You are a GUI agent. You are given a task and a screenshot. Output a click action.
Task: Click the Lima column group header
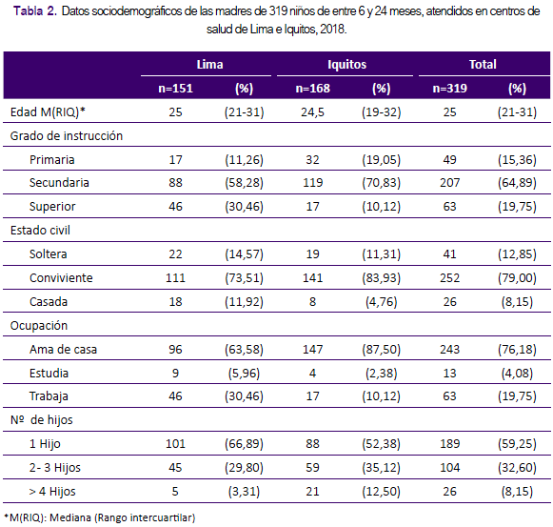(209, 64)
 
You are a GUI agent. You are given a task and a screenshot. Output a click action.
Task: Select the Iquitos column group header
(347, 64)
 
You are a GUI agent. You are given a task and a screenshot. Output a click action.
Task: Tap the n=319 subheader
(449, 88)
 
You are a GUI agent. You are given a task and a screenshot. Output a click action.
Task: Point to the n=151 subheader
(176, 88)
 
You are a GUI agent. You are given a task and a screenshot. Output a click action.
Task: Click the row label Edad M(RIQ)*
(48, 111)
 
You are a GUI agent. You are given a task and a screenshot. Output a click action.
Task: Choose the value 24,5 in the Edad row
(312, 112)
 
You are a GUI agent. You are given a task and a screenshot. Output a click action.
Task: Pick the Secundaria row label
(59, 183)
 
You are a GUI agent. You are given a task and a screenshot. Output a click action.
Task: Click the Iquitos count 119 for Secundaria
(313, 183)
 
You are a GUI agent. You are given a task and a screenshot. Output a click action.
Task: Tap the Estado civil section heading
(40, 231)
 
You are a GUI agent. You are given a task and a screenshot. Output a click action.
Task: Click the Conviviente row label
(61, 278)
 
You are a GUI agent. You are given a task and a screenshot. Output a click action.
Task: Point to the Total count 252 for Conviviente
(449, 278)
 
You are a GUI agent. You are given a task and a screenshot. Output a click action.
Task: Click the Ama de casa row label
(63, 350)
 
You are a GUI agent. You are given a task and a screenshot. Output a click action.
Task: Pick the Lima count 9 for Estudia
(175, 373)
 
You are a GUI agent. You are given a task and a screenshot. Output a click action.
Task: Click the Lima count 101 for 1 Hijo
(175, 444)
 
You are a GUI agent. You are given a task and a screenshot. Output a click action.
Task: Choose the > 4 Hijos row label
(52, 492)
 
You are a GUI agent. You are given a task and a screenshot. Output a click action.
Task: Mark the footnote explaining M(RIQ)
(99, 517)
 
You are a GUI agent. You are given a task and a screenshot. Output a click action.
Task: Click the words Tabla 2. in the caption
(35, 11)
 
